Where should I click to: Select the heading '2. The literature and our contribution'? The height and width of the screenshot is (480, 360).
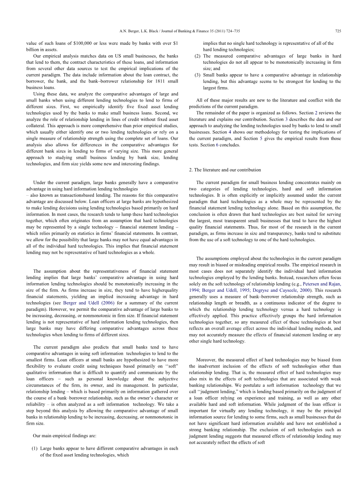pyautogui.click(x=225, y=170)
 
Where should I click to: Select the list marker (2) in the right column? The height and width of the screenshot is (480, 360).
pyautogui.click(x=197, y=56)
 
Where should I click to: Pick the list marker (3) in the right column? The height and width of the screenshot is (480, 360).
pyautogui.click(x=197, y=75)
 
